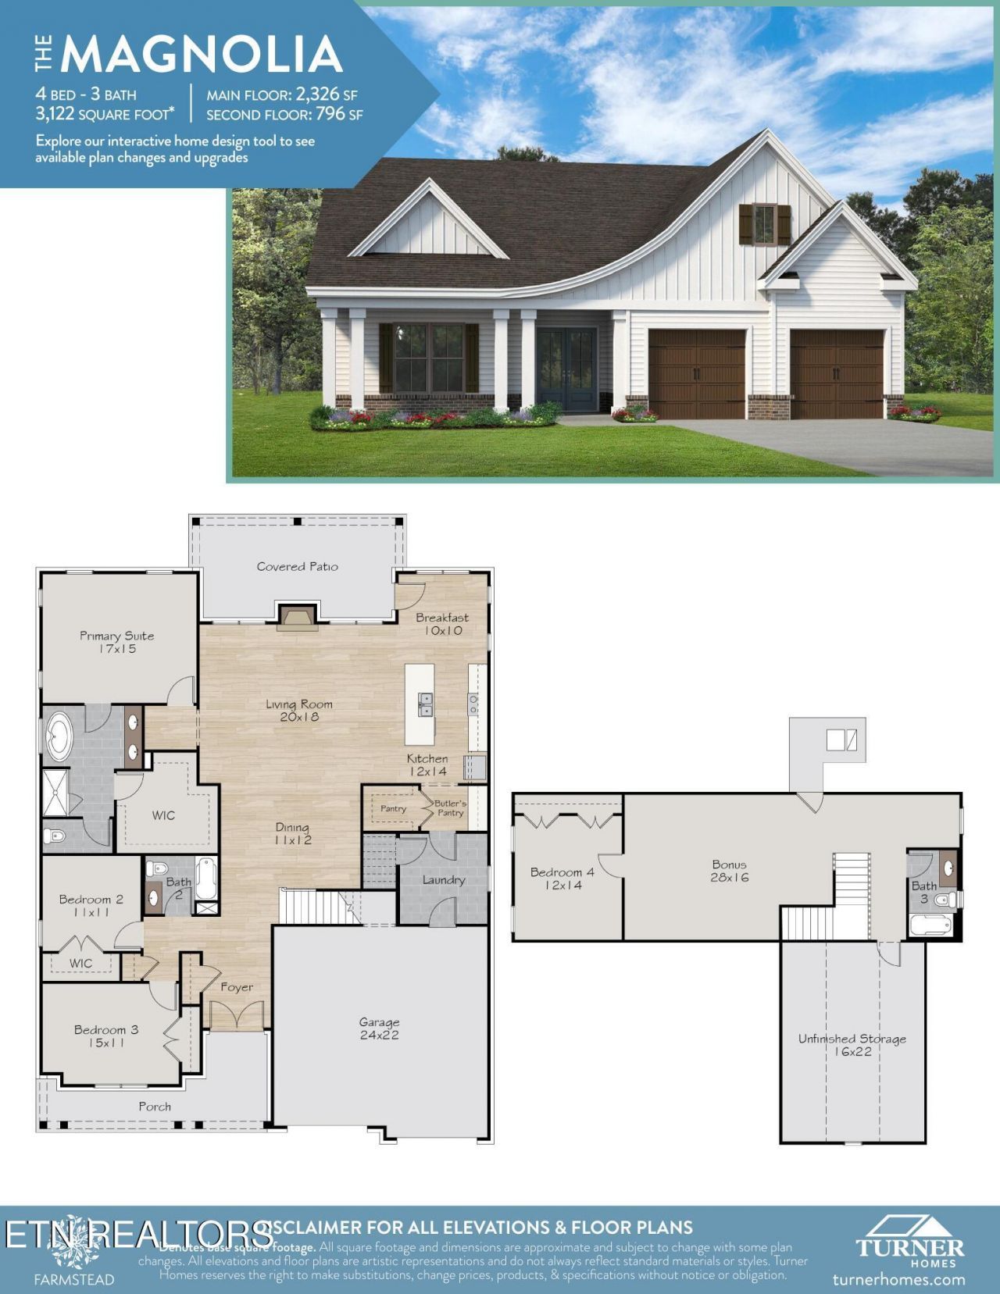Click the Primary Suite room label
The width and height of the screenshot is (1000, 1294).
[x=117, y=642]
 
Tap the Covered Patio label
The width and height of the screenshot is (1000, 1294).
[x=297, y=566]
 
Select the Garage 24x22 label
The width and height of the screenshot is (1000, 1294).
[x=379, y=1028]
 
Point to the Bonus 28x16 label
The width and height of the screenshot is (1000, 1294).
[x=729, y=871]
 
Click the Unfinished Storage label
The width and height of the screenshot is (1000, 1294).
[x=852, y=1045]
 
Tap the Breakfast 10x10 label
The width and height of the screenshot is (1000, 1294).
[x=442, y=624]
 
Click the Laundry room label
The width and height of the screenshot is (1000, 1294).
[x=443, y=880]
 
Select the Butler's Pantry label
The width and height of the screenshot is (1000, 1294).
[x=451, y=808]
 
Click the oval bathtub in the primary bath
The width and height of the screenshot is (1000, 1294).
[x=58, y=736]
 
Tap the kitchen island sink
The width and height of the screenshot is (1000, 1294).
[x=424, y=704]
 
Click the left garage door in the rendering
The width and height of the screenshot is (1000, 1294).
[x=696, y=373]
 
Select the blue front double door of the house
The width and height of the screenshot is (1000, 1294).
[x=567, y=369]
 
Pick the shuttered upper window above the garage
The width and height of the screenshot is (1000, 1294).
[x=764, y=224]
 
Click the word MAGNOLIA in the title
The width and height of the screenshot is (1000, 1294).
[x=202, y=55]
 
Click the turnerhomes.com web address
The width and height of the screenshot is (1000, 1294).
[x=898, y=1279]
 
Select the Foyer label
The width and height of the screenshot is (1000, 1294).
[x=237, y=987]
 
